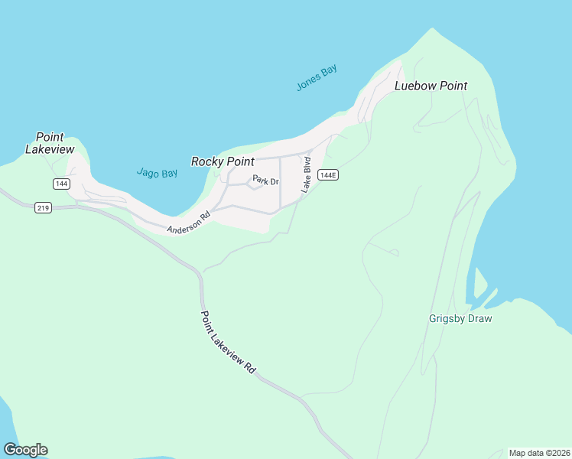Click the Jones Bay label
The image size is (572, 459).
click(317, 78)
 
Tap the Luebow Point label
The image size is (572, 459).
click(431, 86)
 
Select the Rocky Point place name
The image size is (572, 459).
click(222, 161)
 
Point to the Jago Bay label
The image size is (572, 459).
click(157, 174)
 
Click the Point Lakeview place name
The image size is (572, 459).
click(50, 143)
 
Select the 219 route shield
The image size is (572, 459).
click(43, 207)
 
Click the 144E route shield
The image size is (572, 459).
click(327, 175)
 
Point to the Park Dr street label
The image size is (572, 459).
click(266, 181)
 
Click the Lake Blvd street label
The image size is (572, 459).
click(306, 174)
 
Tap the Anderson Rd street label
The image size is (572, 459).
click(188, 223)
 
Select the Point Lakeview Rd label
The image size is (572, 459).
click(228, 341)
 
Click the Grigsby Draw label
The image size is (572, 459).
click(460, 318)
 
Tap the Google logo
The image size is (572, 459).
click(25, 450)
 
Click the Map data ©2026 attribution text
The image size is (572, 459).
click(538, 453)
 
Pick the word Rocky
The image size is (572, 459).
click(206, 161)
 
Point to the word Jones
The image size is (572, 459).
click(308, 83)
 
